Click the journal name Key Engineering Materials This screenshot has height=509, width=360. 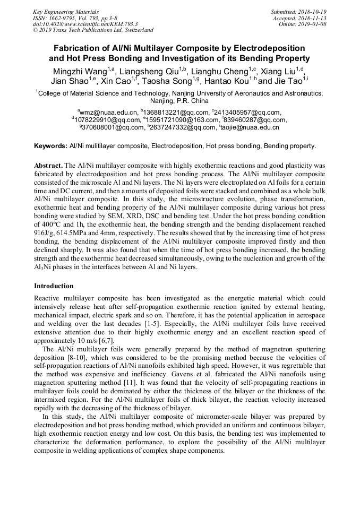click(x=66, y=12)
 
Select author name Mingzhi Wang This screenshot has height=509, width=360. click(x=79, y=71)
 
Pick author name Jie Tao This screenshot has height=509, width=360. click(x=287, y=81)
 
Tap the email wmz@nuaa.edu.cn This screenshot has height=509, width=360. click(x=109, y=113)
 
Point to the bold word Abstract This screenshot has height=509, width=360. click(x=49, y=166)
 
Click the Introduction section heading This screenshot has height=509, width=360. click(x=54, y=286)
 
